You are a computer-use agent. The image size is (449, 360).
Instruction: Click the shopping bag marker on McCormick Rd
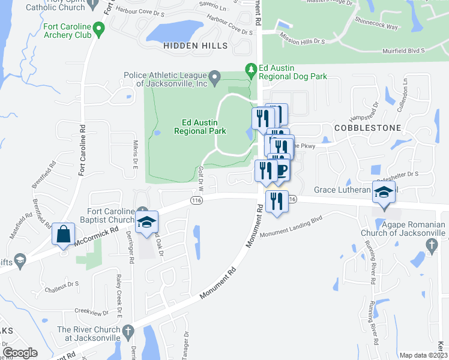click(63, 235)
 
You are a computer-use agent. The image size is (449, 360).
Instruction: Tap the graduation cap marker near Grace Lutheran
click(384, 192)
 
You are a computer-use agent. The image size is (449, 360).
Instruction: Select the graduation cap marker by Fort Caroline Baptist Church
click(146, 221)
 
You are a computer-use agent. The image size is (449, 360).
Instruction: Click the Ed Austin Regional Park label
click(200, 126)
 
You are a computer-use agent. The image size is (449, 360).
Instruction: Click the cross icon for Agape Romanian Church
click(430, 244)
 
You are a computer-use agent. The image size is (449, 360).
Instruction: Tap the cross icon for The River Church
click(127, 331)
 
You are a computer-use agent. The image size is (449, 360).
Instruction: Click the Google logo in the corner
click(20, 353)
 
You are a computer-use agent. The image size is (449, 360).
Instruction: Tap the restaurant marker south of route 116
click(276, 201)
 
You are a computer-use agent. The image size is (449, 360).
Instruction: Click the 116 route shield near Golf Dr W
click(196, 200)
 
